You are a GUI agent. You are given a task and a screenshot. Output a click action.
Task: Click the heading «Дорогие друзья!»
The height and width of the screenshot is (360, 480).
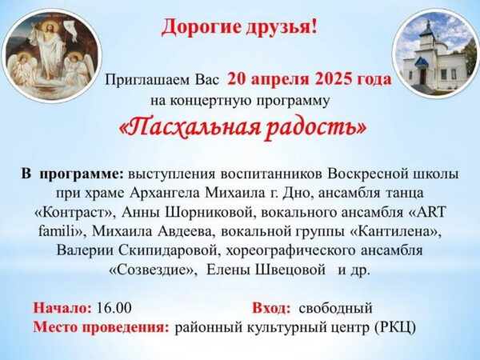coord(240,27)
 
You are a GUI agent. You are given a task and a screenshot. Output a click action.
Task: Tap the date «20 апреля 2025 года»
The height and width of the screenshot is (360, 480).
coord(310,79)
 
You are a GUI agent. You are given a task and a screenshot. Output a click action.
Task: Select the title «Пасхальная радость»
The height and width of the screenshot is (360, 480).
coord(242,128)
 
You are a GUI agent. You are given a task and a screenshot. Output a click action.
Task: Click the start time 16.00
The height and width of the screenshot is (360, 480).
coord(114,308)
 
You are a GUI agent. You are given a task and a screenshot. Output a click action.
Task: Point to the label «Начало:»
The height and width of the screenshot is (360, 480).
coord(62,308)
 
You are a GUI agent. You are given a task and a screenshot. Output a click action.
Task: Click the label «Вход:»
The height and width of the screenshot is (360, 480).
coord(271,308)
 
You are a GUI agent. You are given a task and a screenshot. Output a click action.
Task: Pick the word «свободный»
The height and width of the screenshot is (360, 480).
coord(335,308)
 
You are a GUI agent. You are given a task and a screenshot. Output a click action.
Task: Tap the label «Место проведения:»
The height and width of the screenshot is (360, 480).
coord(102,328)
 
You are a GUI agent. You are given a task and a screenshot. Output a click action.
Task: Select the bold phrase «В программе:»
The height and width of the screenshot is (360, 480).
coord(72,174)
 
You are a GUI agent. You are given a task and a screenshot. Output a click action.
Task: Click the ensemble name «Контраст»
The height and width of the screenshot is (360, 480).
coord(74,213)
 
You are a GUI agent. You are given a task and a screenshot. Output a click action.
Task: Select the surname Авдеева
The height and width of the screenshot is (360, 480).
coord(184,232)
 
